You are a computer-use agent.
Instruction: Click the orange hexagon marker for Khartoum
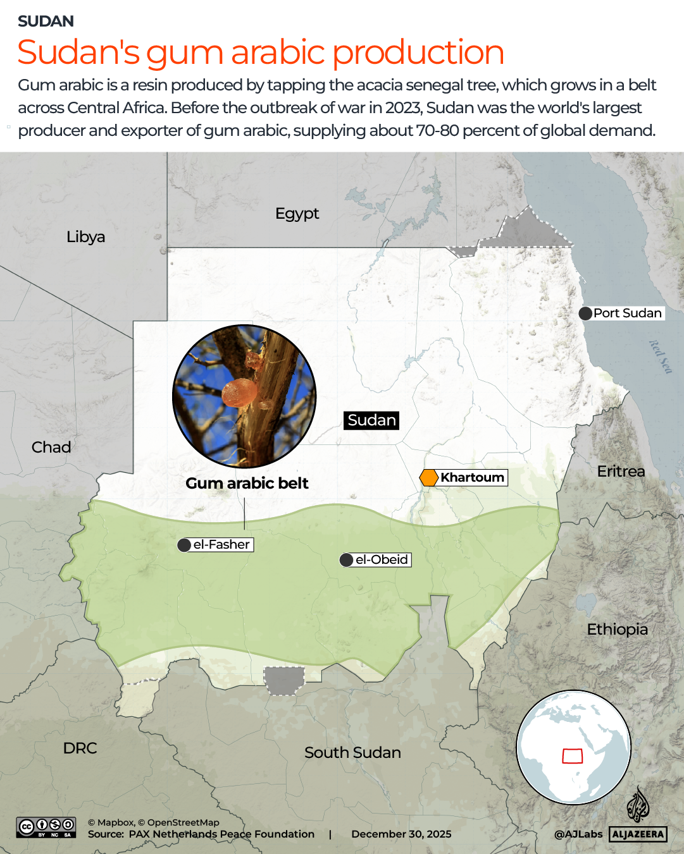(x=429, y=478)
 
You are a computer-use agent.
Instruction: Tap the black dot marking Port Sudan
(x=585, y=314)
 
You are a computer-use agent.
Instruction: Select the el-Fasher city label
(x=221, y=545)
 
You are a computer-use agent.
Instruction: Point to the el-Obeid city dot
(x=346, y=560)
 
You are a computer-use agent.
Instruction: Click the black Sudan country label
(x=372, y=420)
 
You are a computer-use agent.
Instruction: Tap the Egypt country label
(x=297, y=214)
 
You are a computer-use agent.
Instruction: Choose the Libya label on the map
(x=86, y=237)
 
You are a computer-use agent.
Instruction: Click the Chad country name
(x=51, y=448)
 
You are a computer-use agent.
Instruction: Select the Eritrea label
(x=621, y=472)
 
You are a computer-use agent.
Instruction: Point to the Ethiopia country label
(x=617, y=630)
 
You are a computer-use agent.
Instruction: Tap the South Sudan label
(x=352, y=753)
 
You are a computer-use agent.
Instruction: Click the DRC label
(x=80, y=748)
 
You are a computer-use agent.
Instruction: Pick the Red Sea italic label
(x=660, y=357)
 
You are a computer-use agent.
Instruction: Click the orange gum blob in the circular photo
(x=239, y=393)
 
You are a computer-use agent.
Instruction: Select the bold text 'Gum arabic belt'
(x=247, y=484)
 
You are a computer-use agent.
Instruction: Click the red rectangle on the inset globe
(x=573, y=756)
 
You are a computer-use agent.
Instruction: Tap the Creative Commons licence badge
(x=46, y=827)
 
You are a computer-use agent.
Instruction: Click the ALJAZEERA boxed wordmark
(x=638, y=834)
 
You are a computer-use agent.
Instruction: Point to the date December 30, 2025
(x=401, y=834)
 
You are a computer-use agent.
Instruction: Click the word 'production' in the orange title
(x=418, y=52)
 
